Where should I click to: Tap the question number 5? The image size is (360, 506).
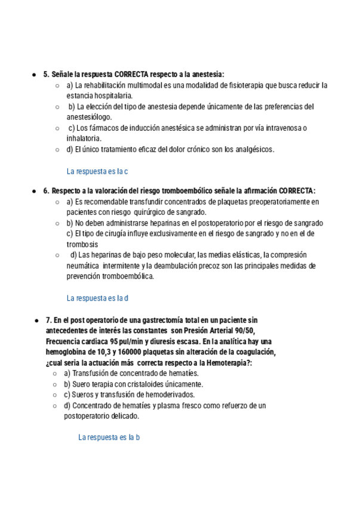pos(46,74)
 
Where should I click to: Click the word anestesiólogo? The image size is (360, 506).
pos(89,117)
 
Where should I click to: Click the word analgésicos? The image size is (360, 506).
pos(253,149)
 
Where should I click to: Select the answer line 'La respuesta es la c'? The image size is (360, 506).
pos(97,171)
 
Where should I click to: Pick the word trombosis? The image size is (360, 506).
pos(82,244)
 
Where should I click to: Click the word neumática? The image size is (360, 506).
pos(83,266)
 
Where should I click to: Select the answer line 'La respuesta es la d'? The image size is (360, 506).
pos(98,297)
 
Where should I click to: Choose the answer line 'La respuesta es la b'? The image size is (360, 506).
pos(109,437)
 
